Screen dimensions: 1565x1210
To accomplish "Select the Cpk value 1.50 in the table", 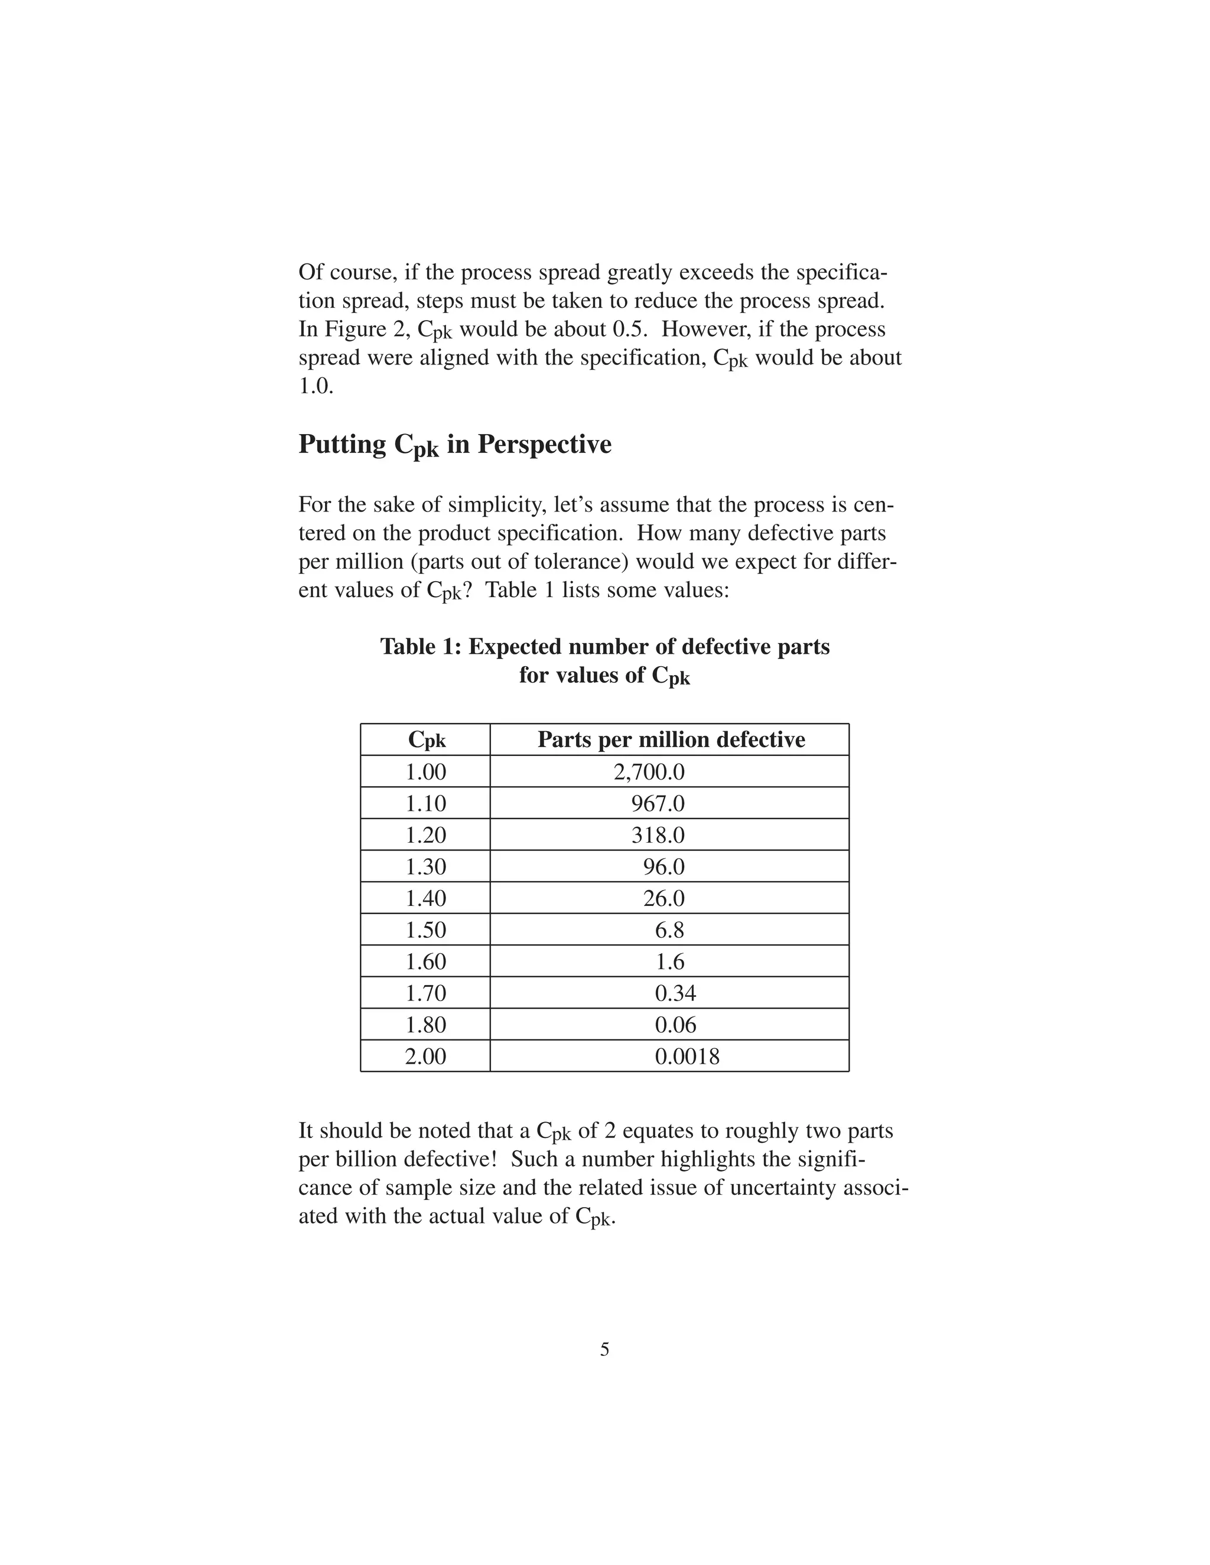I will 426,930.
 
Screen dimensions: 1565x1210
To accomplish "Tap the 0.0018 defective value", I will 687,1057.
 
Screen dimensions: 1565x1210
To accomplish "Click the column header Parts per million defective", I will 671,739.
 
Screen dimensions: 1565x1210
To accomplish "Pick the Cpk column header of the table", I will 427,739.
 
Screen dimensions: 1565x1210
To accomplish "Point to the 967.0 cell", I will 658,803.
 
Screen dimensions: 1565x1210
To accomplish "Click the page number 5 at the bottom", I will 604,1350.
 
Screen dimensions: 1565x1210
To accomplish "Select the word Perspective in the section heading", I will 544,444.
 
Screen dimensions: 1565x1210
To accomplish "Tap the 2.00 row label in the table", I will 426,1057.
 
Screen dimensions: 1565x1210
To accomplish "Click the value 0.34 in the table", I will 675,993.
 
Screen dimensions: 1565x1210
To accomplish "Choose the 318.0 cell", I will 658,835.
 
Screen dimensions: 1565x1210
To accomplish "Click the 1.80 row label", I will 426,1025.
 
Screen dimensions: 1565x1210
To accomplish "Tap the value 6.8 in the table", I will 669,930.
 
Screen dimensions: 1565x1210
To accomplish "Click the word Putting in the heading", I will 342,444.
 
